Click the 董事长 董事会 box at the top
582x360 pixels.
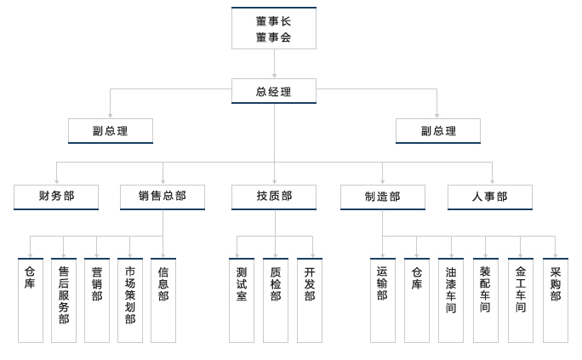coord(273,29)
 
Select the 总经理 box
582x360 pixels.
coord(273,91)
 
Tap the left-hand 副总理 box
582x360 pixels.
coord(111,131)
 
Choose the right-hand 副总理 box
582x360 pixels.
coord(437,131)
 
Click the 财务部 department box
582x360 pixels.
coord(56,197)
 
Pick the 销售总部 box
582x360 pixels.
coord(163,197)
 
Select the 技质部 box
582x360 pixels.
coord(274,197)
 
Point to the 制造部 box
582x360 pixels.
coord(382,197)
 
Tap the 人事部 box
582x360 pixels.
coord(489,197)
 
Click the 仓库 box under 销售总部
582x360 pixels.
coord(30,300)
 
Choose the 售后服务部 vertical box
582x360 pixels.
coord(64,300)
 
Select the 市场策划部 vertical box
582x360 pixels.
coord(130,300)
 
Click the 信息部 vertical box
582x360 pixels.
coord(163,300)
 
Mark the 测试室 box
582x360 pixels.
coord(242,300)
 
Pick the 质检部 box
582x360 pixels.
coord(276,300)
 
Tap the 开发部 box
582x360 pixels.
coord(310,300)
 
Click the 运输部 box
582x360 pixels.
coord(382,300)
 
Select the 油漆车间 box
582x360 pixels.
coord(451,300)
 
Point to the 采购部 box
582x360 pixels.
coord(555,300)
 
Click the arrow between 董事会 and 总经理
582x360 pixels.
coord(274,65)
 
